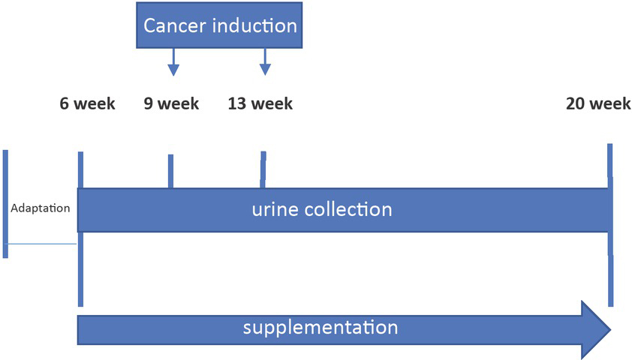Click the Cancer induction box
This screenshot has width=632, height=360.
point(220,25)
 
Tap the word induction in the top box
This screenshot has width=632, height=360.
point(255,25)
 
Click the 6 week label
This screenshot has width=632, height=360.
point(88,103)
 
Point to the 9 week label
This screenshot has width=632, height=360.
point(172,103)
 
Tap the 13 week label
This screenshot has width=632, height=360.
point(260,103)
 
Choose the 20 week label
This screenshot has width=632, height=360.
point(598,103)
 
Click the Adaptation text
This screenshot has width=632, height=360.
point(41,208)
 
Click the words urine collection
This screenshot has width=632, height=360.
point(321,209)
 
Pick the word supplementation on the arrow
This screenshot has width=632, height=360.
point(320,328)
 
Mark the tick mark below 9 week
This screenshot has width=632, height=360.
point(170,171)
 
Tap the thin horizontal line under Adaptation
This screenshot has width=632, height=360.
point(41,244)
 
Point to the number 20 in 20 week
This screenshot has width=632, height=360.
point(577,103)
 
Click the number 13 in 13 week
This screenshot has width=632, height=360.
point(238,103)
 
